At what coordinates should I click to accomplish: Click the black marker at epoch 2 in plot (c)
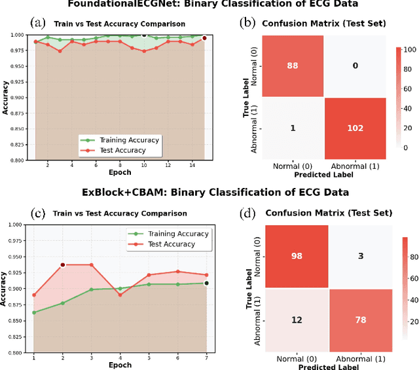pos(63,265)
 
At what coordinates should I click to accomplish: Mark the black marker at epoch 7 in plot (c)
pos(206,283)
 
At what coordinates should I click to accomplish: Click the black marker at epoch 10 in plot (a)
pos(144,35)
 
